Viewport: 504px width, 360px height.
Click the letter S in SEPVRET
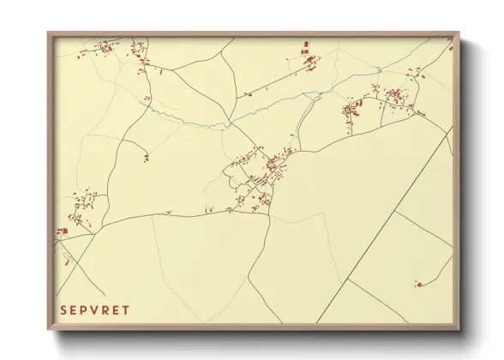point(63,310)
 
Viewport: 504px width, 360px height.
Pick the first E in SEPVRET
point(75,310)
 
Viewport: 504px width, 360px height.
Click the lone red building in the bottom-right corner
point(418,284)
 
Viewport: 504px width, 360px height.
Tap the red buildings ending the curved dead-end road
point(146,158)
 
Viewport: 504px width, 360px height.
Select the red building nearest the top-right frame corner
point(449,49)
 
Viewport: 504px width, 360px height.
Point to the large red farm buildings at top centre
point(309,59)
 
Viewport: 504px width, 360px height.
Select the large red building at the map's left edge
point(62,231)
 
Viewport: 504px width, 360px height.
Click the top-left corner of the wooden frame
point(49,33)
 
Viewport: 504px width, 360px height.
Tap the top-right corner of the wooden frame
point(459,33)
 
